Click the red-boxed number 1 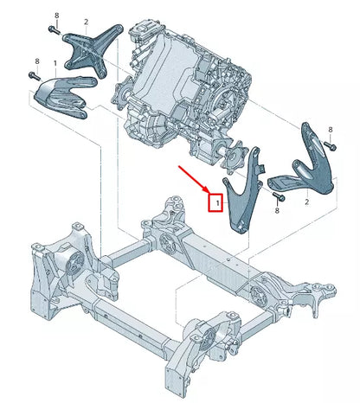(217, 204)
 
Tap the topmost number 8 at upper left (56, 16)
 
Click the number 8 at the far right (330, 130)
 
